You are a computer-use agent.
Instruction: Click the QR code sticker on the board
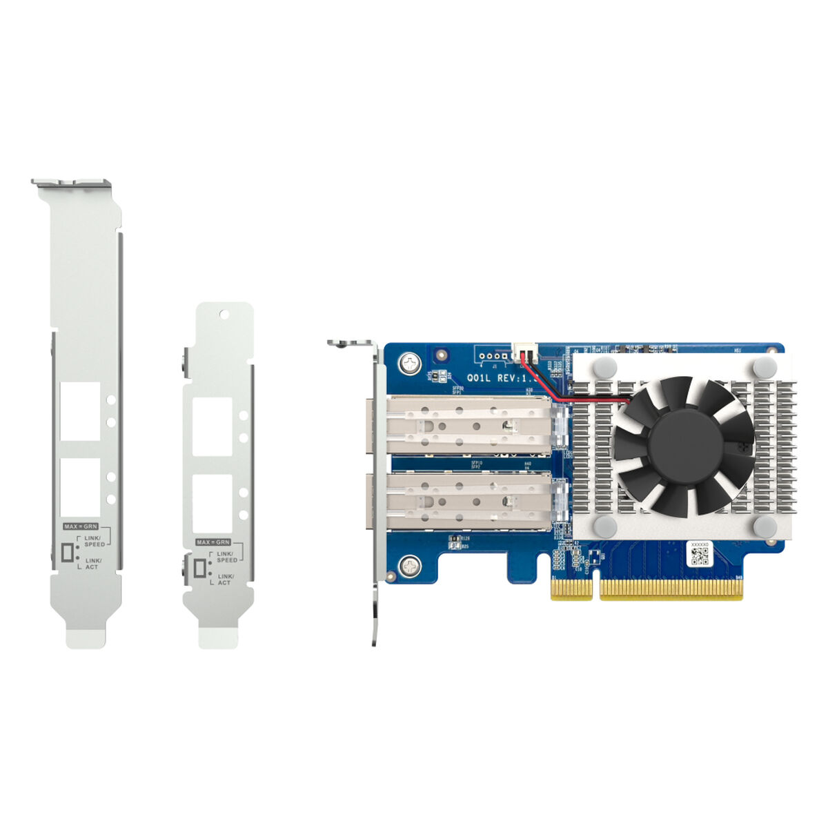pos(700,554)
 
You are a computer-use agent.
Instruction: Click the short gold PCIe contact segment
pos(571,588)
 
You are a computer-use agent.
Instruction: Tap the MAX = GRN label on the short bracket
pos(213,542)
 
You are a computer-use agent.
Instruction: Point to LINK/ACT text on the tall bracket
pos(93,564)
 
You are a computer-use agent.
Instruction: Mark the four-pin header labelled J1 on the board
pos(490,357)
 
